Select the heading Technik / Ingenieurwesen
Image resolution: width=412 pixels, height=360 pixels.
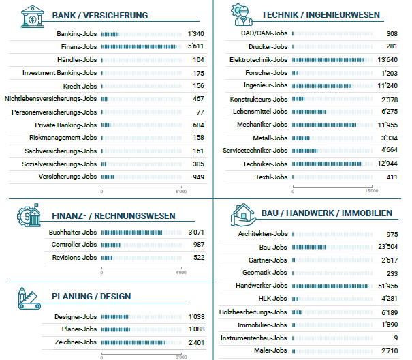point(311,14)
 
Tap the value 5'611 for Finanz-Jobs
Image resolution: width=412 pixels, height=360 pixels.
point(195,46)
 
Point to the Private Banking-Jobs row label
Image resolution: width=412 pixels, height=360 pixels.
point(66,125)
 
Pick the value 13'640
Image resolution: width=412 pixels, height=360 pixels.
point(387,59)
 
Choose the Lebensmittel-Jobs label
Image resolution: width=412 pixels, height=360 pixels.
point(260,111)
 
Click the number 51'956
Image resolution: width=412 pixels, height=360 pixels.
point(387,285)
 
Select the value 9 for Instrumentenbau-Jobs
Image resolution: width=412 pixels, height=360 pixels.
point(395,337)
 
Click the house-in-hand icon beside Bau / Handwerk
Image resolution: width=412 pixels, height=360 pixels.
point(243,214)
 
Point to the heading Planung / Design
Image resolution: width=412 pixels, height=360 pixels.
point(91,296)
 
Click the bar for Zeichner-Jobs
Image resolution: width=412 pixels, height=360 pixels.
point(133,342)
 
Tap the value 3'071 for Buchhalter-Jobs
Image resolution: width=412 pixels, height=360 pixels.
point(195,232)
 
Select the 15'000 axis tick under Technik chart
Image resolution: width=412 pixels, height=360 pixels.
point(370,191)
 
